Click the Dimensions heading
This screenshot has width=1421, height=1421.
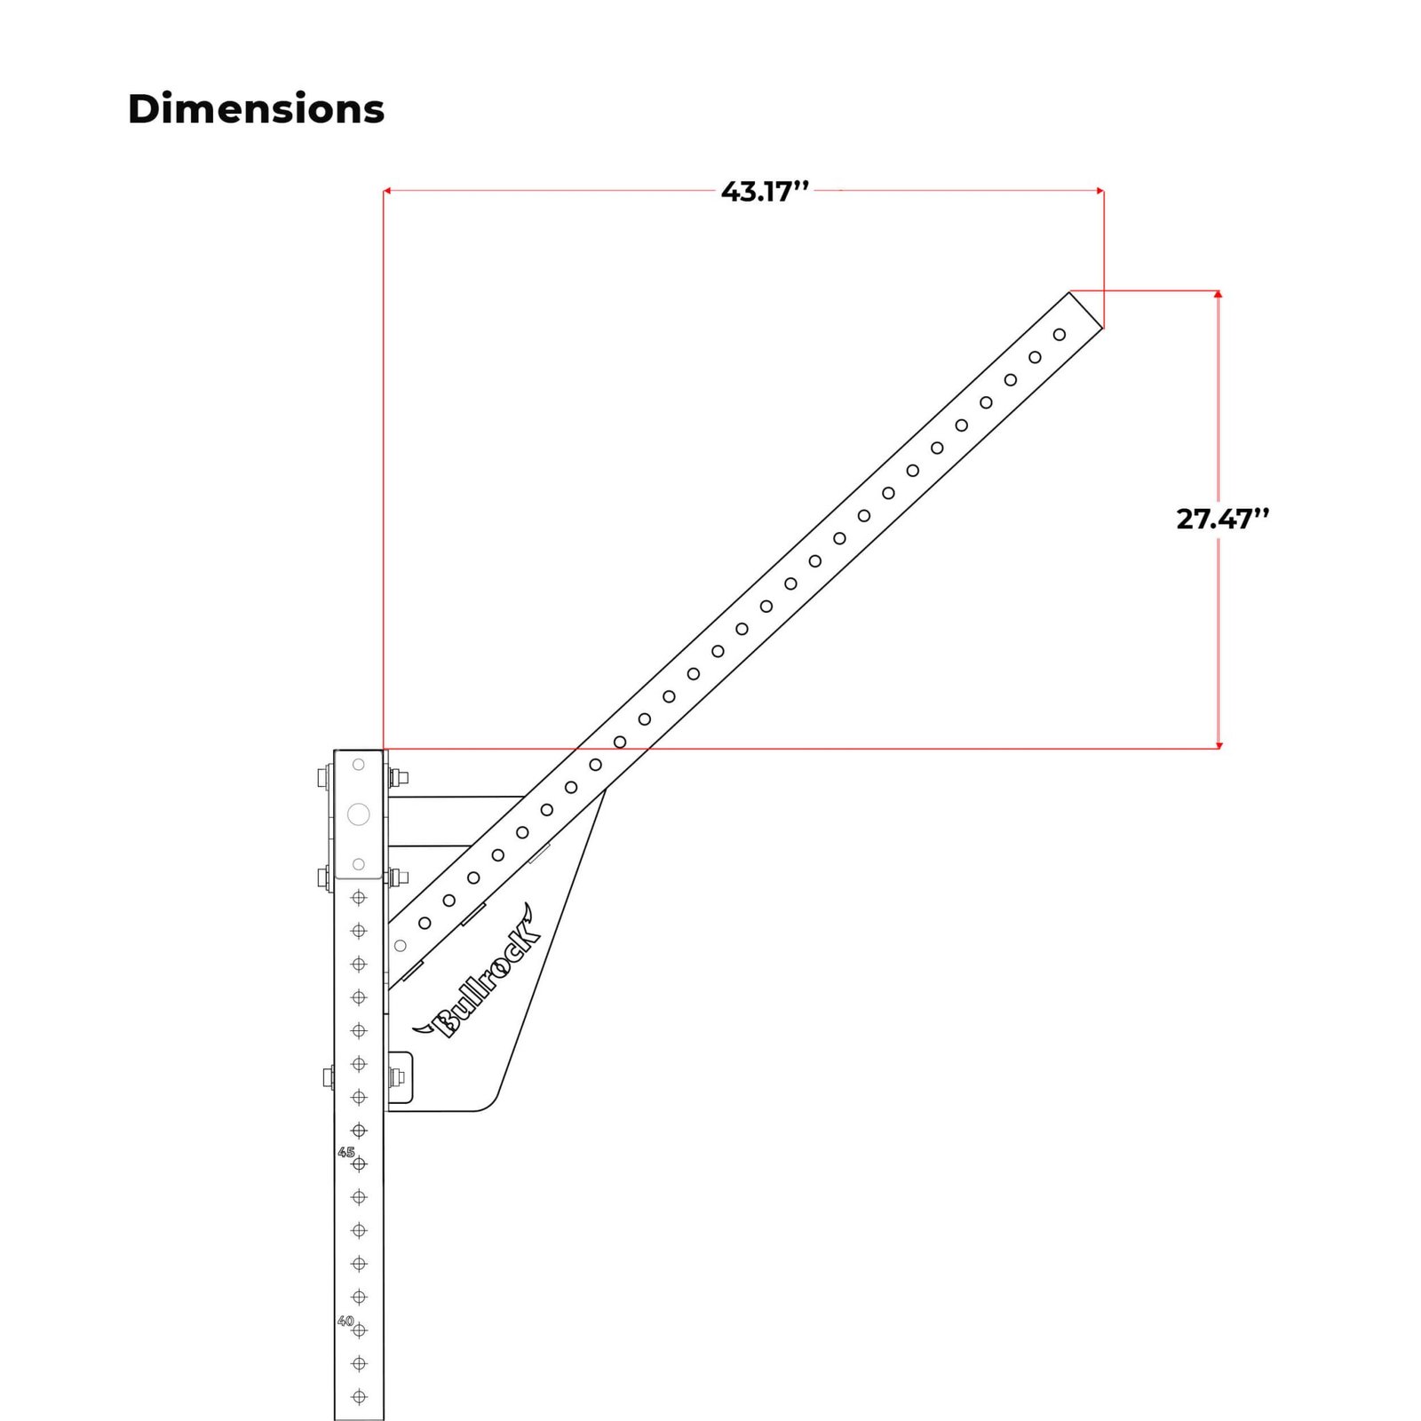pyautogui.click(x=256, y=109)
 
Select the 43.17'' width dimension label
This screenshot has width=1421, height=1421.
pyautogui.click(x=766, y=191)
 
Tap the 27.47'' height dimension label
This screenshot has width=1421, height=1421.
pyautogui.click(x=1223, y=518)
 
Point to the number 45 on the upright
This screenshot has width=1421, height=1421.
pyautogui.click(x=345, y=1152)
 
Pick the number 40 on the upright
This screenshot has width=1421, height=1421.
pyautogui.click(x=345, y=1321)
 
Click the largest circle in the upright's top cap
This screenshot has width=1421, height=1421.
pyautogui.click(x=359, y=814)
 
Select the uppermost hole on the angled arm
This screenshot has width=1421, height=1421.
pyautogui.click(x=1060, y=335)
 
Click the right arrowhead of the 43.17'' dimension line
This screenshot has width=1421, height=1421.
pyautogui.click(x=1100, y=190)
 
